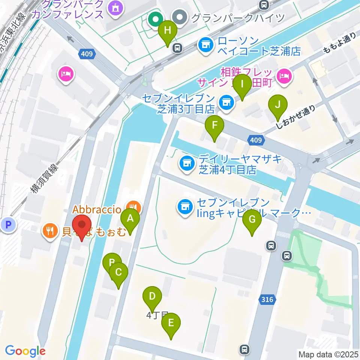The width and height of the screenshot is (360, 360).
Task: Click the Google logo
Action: click(x=25, y=351)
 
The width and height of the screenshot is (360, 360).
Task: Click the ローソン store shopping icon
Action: click(x=205, y=45)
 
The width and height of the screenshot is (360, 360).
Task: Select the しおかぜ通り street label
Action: click(x=295, y=117)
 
